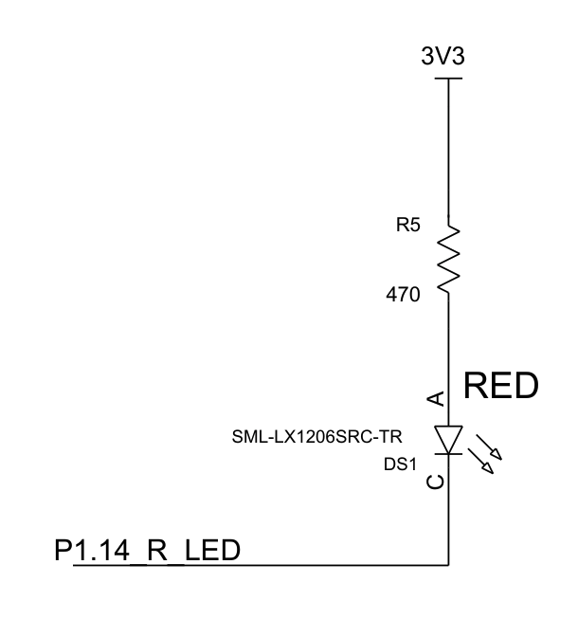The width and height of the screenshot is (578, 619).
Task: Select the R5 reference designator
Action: [x=408, y=228]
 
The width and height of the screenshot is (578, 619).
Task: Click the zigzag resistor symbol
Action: [x=448, y=255]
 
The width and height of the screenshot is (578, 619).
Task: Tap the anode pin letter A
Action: [x=435, y=399]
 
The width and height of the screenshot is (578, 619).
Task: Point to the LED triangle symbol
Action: [x=448, y=439]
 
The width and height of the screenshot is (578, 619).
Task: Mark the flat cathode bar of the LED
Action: [x=448, y=454]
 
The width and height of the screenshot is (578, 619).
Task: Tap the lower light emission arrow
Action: [x=492, y=463]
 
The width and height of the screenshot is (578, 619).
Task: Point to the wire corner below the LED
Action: [x=448, y=566]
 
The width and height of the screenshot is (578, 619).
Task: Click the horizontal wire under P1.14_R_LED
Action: [x=246, y=566]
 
